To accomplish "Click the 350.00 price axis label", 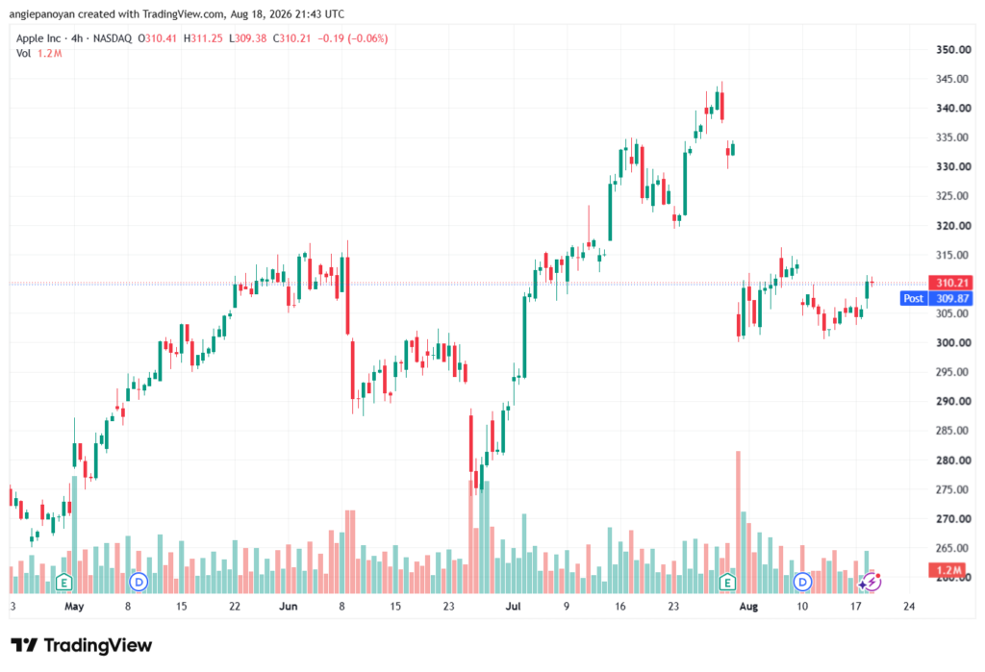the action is [x=953, y=50].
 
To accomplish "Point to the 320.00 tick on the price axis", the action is [x=953, y=226].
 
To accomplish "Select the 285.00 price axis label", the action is [x=953, y=430].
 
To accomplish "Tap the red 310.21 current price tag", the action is [x=952, y=283].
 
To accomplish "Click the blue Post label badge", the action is [x=914, y=298].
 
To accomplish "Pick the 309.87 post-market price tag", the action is [x=952, y=298].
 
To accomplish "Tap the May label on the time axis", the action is [x=74, y=606].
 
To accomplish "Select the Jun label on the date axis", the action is [x=288, y=606].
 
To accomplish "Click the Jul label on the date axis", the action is [x=514, y=606].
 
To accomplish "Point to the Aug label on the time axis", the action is [x=748, y=606].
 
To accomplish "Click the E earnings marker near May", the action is [x=63, y=583].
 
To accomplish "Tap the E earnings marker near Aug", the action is [x=727, y=583].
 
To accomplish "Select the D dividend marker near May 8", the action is [x=139, y=583].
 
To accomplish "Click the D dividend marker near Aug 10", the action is [x=802, y=583].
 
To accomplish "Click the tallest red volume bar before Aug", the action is [x=738, y=522].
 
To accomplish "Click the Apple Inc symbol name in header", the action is [x=38, y=38].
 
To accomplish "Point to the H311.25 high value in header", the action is [x=203, y=38].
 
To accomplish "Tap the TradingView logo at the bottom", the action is [x=82, y=645].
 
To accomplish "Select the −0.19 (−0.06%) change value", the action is [x=352, y=38].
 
